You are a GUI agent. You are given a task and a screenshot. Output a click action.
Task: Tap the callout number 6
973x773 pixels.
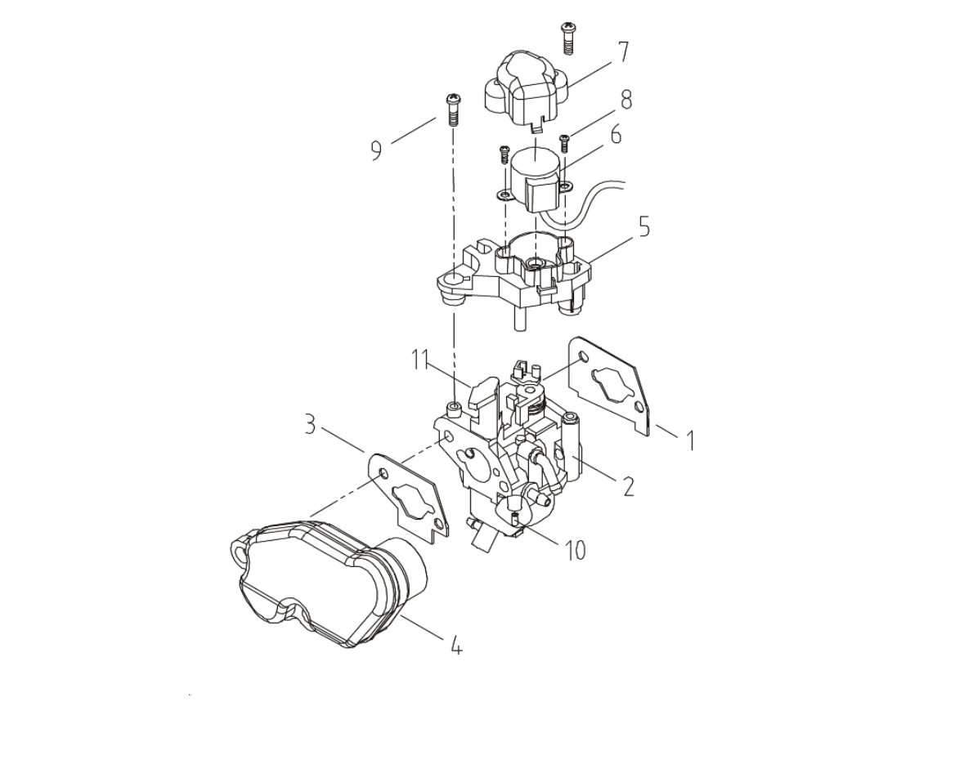[x=616, y=134]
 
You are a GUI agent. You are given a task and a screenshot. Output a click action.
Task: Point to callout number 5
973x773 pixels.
[x=644, y=226]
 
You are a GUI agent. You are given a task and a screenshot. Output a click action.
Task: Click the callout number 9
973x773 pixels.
[x=377, y=150]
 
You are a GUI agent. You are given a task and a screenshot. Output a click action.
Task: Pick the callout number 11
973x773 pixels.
[x=420, y=360]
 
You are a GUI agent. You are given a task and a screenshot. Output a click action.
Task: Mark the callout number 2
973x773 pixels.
[x=629, y=486]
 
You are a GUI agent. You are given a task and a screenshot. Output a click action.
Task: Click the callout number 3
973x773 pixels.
[x=310, y=426]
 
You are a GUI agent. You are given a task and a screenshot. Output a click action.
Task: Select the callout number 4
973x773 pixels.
[x=456, y=646]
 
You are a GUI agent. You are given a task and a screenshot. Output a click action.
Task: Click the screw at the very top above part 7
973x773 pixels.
[x=567, y=39]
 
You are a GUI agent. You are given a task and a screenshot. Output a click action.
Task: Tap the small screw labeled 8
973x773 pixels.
[x=565, y=143]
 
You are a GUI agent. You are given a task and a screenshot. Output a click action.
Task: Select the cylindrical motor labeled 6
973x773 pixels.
[x=536, y=180]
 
